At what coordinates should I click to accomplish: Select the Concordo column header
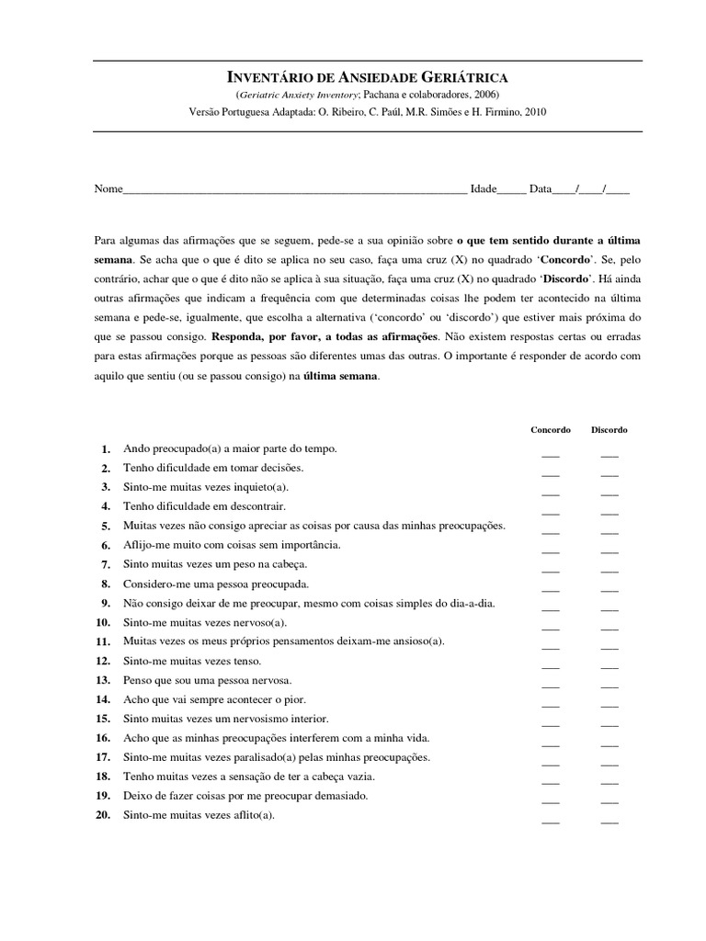point(551,429)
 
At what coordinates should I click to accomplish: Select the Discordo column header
point(609,429)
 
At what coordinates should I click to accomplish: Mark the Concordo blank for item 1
point(551,453)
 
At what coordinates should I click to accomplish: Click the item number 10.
point(102,622)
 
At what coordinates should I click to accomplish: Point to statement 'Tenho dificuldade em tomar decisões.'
point(213,468)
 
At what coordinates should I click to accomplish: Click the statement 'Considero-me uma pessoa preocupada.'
point(216,584)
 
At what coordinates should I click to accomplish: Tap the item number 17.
point(102,757)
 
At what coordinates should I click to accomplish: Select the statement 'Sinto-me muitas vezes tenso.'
point(192,661)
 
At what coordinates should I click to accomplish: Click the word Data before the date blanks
point(540,189)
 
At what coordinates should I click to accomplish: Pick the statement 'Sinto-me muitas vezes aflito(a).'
point(199,815)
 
